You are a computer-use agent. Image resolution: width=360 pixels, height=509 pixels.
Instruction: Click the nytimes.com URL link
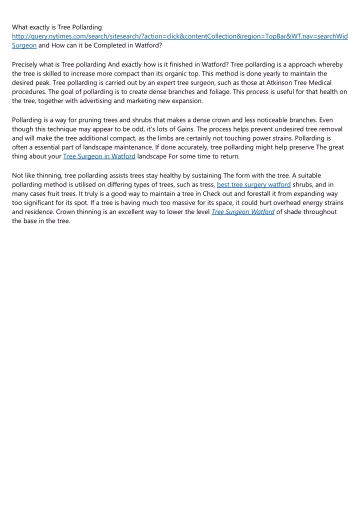click(180, 36)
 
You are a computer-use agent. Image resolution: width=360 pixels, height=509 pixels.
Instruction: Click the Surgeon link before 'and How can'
click(24, 45)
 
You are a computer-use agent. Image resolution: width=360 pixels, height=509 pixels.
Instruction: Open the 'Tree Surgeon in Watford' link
click(99, 156)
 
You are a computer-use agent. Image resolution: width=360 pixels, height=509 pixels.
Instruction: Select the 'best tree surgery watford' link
click(253, 184)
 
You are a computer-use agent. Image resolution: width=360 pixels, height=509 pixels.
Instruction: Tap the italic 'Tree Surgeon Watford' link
click(242, 212)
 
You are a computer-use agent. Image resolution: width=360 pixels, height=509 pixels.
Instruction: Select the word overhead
click(268, 202)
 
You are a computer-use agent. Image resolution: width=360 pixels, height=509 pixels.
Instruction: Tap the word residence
click(39, 212)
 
